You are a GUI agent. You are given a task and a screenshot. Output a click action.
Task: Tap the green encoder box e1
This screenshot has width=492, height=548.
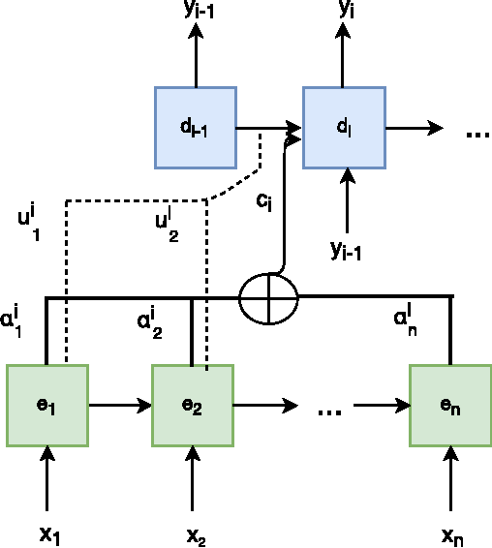47,405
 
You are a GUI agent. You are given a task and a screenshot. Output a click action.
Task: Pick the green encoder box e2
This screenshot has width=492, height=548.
193,405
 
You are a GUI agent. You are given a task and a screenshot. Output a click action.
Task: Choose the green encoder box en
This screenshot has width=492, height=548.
449,405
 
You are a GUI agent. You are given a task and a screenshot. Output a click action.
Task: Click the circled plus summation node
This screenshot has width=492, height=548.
269,298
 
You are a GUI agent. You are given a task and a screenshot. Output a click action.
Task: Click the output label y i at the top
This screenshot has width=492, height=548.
346,12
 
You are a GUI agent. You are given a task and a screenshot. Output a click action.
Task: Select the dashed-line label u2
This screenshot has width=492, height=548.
168,225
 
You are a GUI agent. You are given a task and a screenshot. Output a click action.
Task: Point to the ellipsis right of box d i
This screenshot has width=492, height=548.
477,136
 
